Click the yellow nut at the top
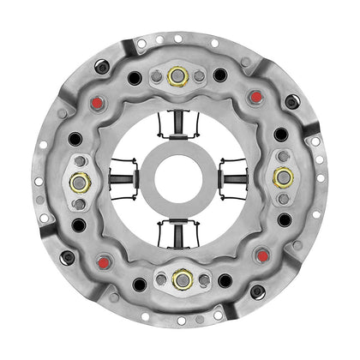[x=179, y=75]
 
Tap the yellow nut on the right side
[x=283, y=177]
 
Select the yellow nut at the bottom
[x=180, y=279]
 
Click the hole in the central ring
[x=180, y=177]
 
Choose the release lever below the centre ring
[x=180, y=230]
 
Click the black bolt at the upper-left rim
[x=101, y=66]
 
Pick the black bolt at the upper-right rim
[x=292, y=101]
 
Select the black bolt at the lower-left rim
[x=67, y=256]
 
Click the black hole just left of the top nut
[x=135, y=78]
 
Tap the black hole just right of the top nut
[x=220, y=75]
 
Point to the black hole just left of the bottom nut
[x=139, y=284]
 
